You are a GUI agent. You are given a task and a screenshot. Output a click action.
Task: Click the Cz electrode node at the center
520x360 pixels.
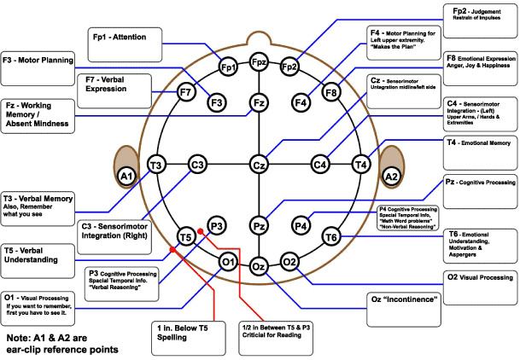coord(259,164)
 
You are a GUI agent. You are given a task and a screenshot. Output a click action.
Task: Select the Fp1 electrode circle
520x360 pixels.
coord(227,67)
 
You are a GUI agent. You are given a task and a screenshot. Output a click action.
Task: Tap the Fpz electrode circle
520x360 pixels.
coord(260,62)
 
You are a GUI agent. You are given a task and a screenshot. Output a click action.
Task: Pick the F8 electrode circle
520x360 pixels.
coord(332,91)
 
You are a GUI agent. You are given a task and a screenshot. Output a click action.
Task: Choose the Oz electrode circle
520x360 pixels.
coord(260,266)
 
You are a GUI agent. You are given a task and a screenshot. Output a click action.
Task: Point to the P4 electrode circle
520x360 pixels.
coord(301,225)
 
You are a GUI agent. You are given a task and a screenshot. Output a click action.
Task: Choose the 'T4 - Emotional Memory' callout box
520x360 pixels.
coord(480,144)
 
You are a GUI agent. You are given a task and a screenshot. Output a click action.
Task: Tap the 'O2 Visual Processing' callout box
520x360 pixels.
coord(480,277)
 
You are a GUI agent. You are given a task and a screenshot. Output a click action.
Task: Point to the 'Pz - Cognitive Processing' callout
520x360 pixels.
coord(480,183)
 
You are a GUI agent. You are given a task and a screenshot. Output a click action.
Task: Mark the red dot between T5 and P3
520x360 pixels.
coord(198,230)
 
